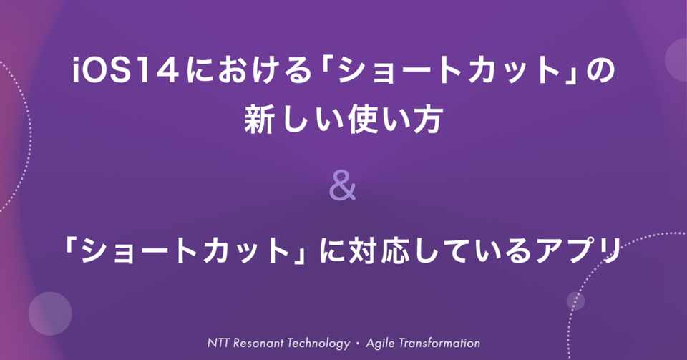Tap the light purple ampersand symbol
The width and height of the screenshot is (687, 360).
[342, 188]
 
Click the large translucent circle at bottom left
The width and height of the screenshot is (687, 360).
[50, 313]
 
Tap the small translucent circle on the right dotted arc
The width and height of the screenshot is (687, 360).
[575, 301]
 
